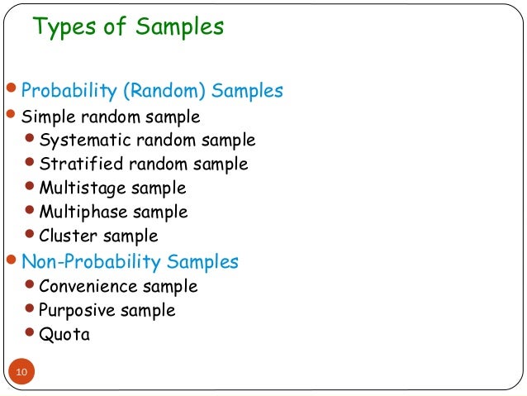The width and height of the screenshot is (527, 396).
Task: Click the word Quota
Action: click(64, 335)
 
